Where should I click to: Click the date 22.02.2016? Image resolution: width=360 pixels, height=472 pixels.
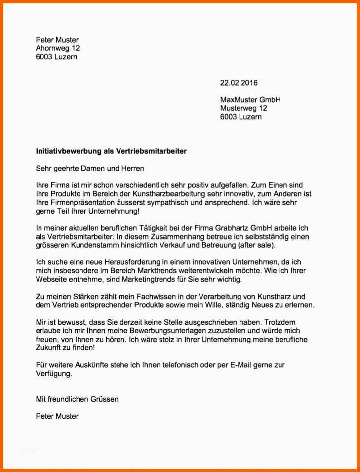[239, 83]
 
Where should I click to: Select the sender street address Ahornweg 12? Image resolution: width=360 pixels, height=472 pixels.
[58, 48]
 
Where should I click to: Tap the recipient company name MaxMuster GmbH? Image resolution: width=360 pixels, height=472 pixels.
[250, 100]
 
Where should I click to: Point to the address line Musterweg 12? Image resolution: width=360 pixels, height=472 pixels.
[243, 108]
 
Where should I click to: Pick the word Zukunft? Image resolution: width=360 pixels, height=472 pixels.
[49, 348]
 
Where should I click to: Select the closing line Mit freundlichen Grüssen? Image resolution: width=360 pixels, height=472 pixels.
[77, 399]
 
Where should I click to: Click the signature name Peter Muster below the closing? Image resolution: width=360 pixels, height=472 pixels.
[57, 416]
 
